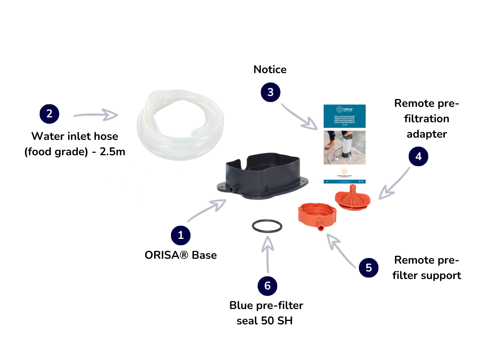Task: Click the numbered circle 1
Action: (x=181, y=235)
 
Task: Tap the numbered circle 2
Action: (x=49, y=114)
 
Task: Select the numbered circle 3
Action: (x=270, y=92)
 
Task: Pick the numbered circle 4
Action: (x=418, y=156)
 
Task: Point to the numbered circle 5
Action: (x=369, y=267)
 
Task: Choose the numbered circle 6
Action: (x=267, y=286)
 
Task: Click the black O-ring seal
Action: (x=267, y=226)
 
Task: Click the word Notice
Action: (x=270, y=69)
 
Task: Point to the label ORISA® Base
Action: (x=181, y=255)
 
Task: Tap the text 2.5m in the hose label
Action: (x=112, y=151)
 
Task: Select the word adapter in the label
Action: (x=427, y=134)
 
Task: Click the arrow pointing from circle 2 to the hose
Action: (x=96, y=115)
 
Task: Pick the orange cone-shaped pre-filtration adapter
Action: (x=352, y=198)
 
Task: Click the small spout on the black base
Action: (x=232, y=188)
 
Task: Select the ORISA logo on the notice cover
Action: (x=345, y=110)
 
